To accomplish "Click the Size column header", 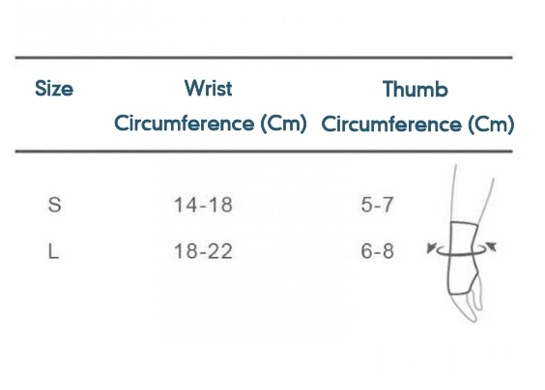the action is pos(54,88).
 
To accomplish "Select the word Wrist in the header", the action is pos(208,88).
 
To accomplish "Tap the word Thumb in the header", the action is pos(415,89).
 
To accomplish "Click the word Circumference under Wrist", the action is pos(185,124).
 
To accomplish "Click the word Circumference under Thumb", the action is pos(391,125).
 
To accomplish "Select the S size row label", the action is pos(54,205).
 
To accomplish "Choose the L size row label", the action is pos(53,251).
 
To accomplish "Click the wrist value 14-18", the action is pos(203,205).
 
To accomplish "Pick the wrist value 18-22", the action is pos(203,251).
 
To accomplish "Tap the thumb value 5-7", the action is pos(377,205).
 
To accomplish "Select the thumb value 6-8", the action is pos(377,251).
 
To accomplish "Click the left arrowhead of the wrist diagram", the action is pos(431,248).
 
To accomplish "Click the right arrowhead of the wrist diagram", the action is pos(492,246).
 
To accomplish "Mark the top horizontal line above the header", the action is pos(264,57).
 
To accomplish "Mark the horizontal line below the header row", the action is pos(264,152).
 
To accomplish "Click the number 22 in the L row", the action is pos(221,251).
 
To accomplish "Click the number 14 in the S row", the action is pos(186,205).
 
